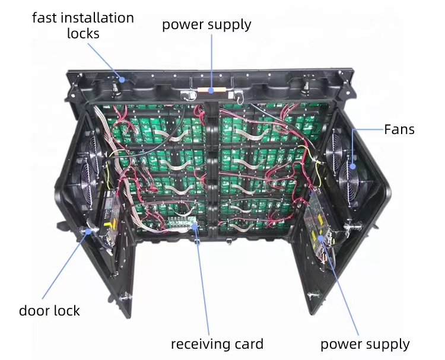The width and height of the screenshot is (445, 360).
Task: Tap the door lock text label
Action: coord(49,310)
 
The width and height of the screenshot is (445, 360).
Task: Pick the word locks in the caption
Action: coord(83,33)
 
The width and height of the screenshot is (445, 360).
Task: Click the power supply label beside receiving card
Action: coord(365,344)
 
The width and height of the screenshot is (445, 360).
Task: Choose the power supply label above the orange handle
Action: coord(206,25)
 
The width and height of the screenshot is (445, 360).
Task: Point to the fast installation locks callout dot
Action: coord(123,78)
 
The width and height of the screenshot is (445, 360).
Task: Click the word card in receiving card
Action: coord(249,344)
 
